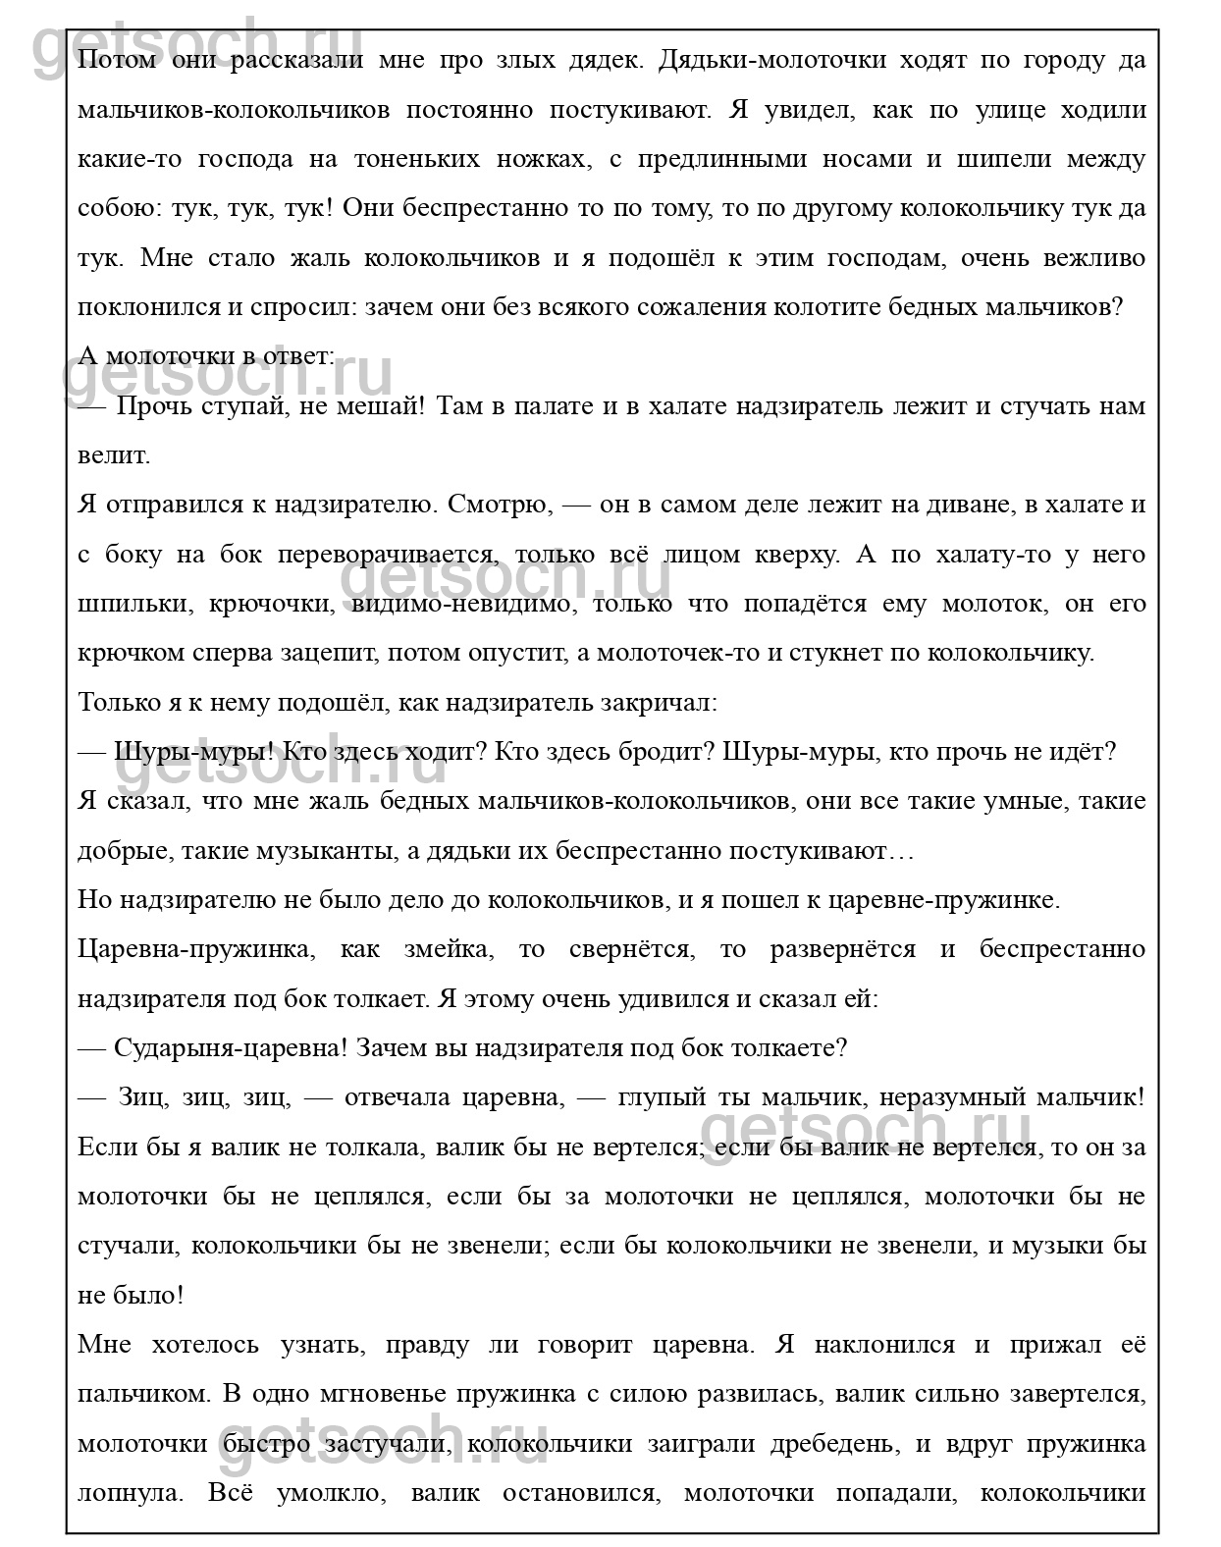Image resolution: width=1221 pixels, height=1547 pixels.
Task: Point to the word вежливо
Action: (x=1089, y=258)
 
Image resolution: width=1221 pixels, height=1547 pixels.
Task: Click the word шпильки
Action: (x=130, y=604)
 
